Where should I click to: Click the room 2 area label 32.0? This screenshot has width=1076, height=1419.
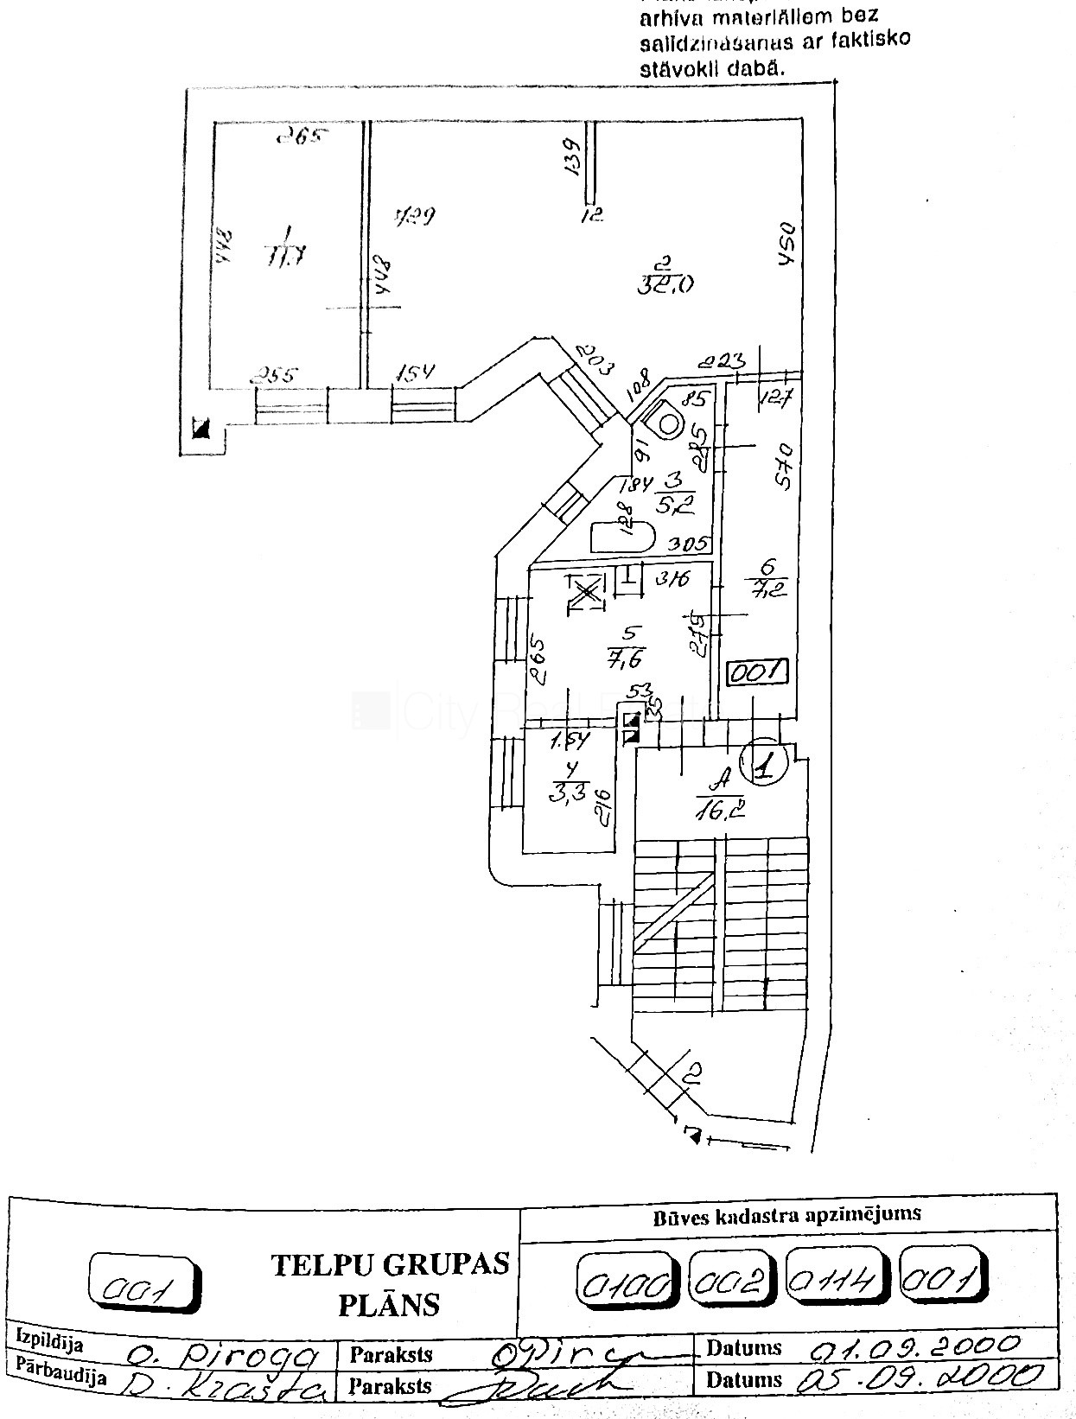665,276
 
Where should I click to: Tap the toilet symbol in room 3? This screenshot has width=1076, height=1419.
671,423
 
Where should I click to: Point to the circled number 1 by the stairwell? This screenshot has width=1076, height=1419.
765,762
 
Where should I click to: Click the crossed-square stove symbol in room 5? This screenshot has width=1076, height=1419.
587,592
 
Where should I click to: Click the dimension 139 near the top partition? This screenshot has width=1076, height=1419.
571,157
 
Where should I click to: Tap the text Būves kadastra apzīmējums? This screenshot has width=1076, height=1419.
786,1214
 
